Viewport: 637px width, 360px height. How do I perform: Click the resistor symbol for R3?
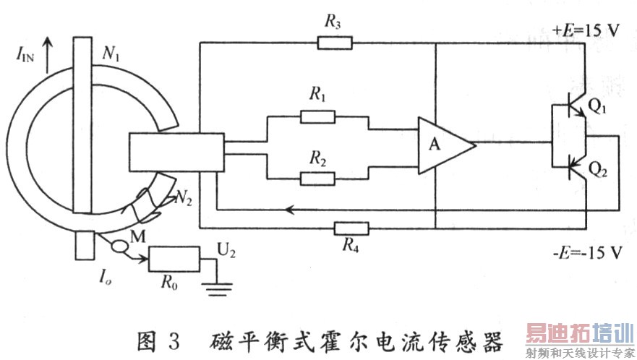[335, 43]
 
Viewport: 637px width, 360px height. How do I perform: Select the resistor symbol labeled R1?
[318, 116]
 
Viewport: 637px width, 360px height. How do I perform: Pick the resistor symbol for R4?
[351, 230]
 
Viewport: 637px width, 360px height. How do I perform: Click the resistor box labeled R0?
[174, 259]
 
